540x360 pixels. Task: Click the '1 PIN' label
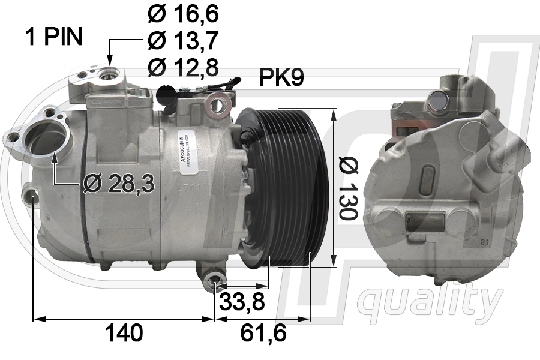[x=53, y=37]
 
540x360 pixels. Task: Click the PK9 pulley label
[x=281, y=77]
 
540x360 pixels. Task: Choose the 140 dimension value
[x=124, y=333]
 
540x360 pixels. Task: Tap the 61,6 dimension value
[x=262, y=333]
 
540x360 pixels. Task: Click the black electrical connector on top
[x=166, y=94]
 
